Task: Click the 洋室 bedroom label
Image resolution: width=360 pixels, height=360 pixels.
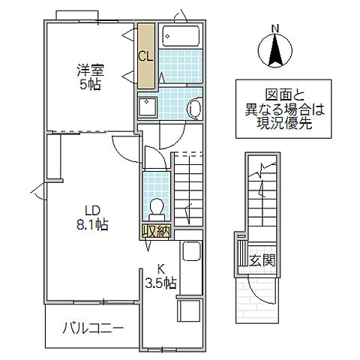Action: [x=89, y=71]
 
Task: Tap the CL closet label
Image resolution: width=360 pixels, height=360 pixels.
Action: [x=145, y=55]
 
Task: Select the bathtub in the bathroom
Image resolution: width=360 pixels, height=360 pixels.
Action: [x=180, y=36]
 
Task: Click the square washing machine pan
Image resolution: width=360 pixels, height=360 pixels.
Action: [x=147, y=106]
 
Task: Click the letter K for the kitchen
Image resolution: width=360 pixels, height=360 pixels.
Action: [x=160, y=269]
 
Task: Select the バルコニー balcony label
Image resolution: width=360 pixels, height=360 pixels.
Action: [x=93, y=328]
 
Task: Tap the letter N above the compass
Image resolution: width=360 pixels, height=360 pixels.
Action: [x=274, y=29]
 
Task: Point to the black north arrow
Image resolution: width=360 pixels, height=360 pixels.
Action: [x=274, y=51]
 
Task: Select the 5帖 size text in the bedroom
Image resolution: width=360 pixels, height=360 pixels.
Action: [x=90, y=85]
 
